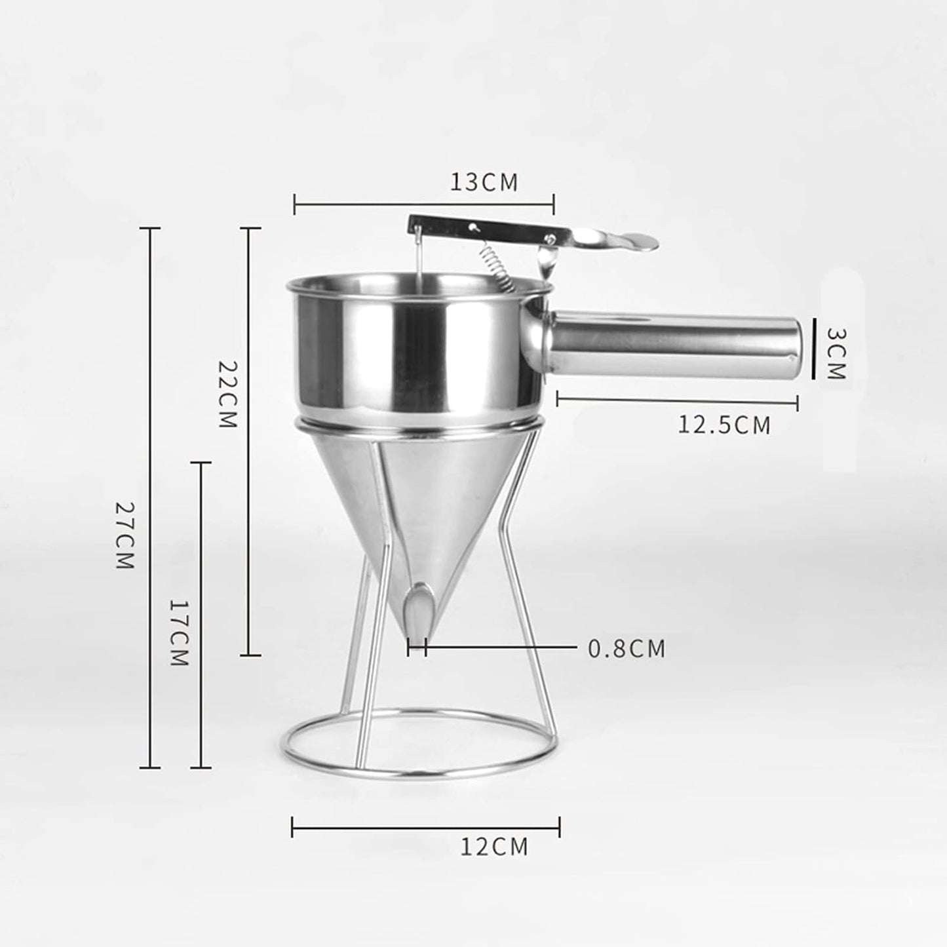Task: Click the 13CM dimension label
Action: (x=484, y=182)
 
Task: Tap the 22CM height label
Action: (x=226, y=394)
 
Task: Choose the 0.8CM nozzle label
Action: (x=627, y=649)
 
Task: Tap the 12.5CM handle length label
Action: (x=724, y=425)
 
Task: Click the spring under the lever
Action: (x=495, y=265)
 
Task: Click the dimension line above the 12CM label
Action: (x=425, y=827)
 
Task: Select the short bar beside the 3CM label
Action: (x=813, y=349)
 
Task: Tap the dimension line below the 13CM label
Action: (x=424, y=204)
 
